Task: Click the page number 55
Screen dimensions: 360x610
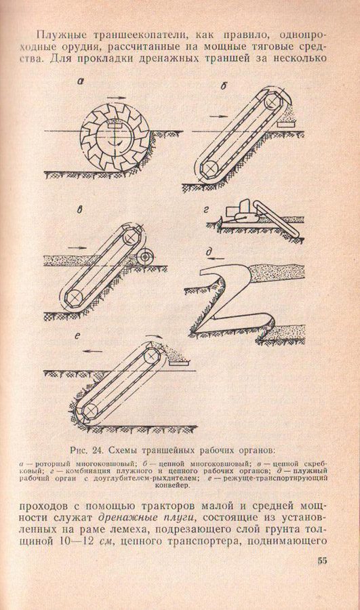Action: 322,561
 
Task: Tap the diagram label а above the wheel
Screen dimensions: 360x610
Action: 80,82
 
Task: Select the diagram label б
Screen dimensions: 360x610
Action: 223,86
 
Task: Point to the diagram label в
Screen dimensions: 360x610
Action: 80,210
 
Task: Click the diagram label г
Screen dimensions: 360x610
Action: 207,210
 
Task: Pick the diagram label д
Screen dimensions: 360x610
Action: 209,253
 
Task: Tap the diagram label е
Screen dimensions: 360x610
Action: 77,337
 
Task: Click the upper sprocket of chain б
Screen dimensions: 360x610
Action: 274,102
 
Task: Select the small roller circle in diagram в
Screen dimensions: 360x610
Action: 146,256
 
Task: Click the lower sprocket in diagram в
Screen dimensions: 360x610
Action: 73,297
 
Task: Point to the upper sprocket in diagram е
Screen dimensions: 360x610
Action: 151,356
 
